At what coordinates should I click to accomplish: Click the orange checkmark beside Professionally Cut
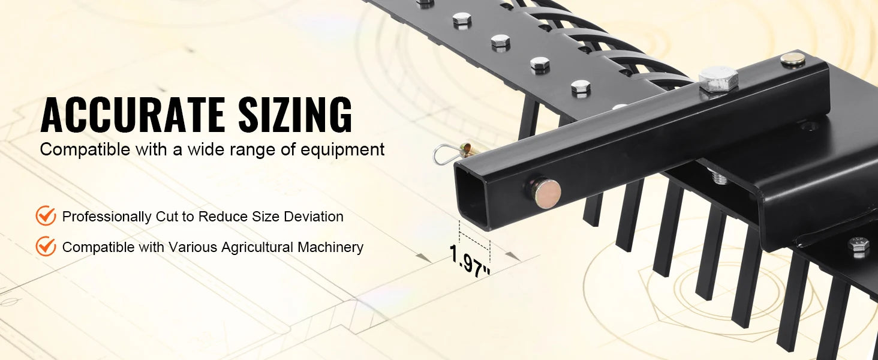46,215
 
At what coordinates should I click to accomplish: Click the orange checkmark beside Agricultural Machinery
46,246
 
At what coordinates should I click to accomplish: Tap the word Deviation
314,217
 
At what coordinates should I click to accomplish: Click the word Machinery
330,247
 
